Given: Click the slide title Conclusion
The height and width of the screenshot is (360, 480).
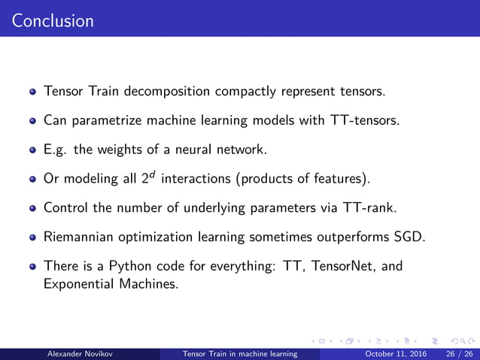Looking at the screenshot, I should [x=53, y=20].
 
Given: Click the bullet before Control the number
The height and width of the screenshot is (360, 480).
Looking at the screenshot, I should [x=33, y=207].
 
